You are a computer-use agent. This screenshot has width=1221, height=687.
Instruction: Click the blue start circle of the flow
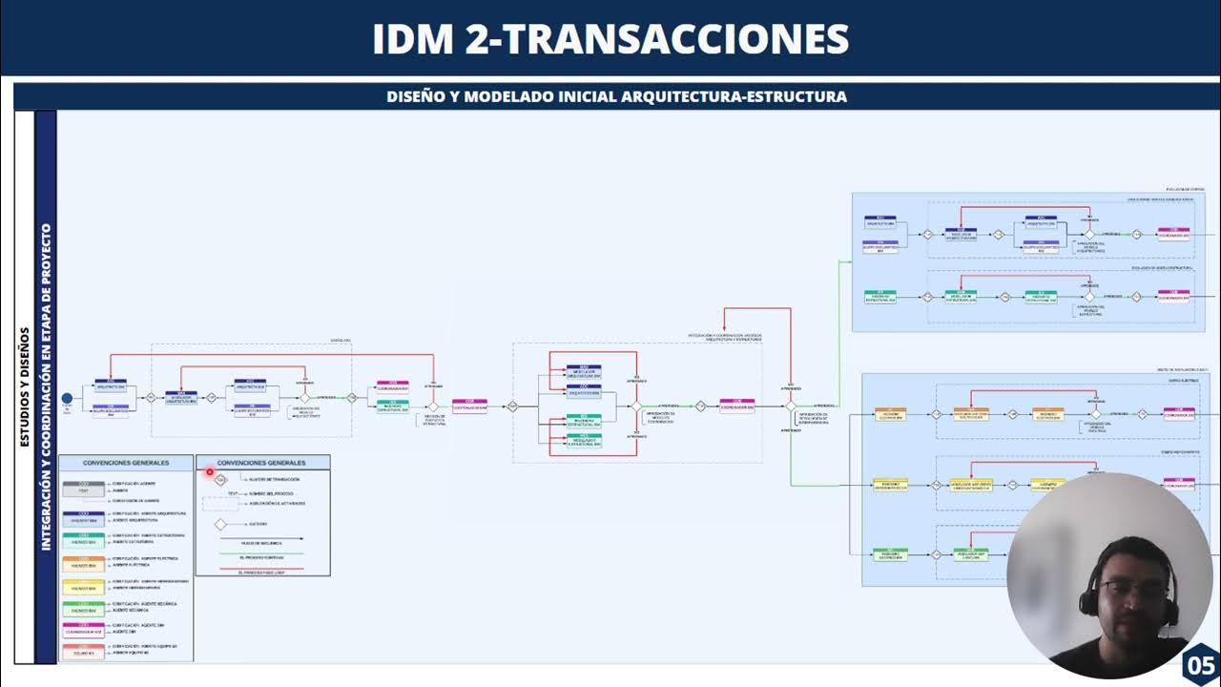click(x=67, y=398)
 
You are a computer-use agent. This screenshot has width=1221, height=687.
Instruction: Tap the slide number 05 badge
click(x=1200, y=665)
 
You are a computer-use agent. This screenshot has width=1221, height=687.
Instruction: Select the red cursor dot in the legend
click(x=210, y=471)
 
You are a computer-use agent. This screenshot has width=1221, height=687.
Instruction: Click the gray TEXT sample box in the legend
click(x=83, y=489)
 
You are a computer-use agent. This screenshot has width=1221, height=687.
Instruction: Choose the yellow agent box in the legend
click(x=83, y=585)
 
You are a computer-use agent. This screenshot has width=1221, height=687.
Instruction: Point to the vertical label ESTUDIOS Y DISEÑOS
click(x=25, y=387)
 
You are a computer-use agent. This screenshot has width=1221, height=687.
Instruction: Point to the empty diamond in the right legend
click(x=220, y=524)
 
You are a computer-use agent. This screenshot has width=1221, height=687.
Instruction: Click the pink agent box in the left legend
click(x=83, y=630)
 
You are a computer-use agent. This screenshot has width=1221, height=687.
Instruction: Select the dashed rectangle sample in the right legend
click(x=220, y=503)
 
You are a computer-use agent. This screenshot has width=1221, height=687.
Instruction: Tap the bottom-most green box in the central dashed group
click(x=584, y=440)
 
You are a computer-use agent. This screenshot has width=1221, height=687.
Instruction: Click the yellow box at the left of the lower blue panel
click(x=890, y=485)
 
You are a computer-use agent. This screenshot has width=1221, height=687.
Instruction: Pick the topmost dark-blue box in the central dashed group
click(x=584, y=371)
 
